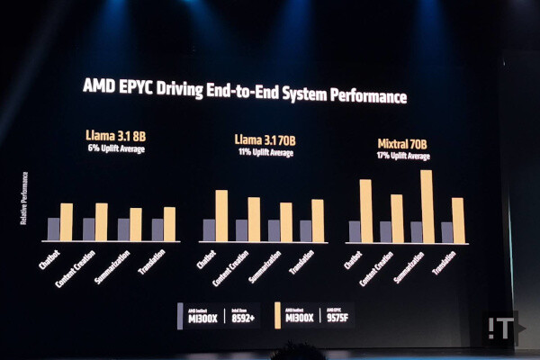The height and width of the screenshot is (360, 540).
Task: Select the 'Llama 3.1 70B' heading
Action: tap(265, 140)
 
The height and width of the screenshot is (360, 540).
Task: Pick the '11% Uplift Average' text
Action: tap(265, 152)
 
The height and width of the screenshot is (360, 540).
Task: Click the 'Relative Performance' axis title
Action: tap(23, 198)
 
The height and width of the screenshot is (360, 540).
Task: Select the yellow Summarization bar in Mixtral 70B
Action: tap(427, 206)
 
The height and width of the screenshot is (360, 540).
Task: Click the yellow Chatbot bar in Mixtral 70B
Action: tap(365, 211)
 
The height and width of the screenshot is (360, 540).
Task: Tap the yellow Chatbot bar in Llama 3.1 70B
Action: tap(221, 215)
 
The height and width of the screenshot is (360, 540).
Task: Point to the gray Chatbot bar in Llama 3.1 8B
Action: tap(54, 229)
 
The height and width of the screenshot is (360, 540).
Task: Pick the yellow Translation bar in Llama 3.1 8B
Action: tap(169, 224)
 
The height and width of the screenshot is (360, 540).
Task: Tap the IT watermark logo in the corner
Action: tap(501, 328)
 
